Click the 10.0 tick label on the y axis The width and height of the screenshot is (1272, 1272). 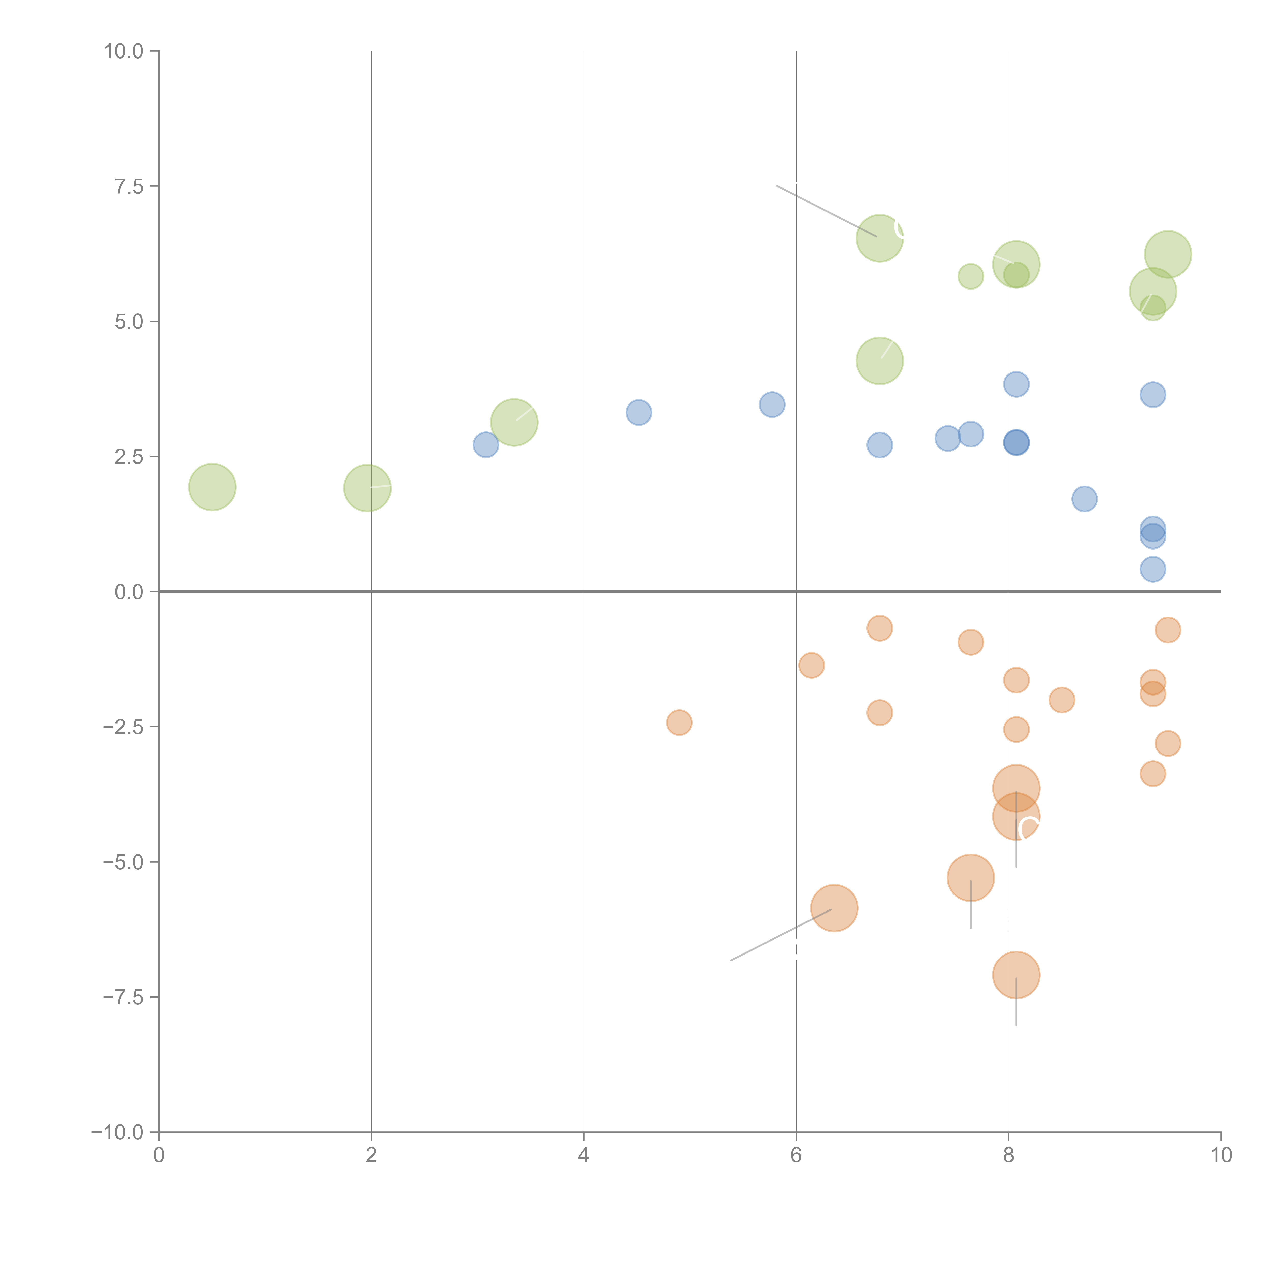[x=124, y=51]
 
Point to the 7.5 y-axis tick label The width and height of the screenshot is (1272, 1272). [x=129, y=186]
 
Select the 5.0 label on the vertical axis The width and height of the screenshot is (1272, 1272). [x=129, y=321]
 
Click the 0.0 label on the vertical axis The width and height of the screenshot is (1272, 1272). [x=129, y=592]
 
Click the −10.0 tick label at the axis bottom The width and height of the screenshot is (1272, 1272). [x=117, y=1132]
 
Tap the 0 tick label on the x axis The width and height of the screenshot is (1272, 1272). [x=159, y=1155]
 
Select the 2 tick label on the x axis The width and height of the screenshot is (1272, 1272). [x=371, y=1155]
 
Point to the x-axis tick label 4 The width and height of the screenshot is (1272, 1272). [x=583, y=1155]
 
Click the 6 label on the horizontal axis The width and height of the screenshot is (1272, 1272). [x=796, y=1155]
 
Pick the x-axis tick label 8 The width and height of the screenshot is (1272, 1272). [x=1009, y=1155]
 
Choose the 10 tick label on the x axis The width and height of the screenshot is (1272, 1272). [x=1221, y=1155]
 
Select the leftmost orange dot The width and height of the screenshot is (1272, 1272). [x=679, y=722]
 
